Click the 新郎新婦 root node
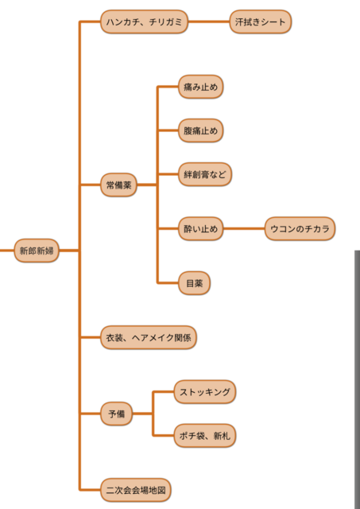37,251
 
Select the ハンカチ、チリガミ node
145,21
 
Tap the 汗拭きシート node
261,21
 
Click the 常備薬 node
118,185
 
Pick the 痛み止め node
201,87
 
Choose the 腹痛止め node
201,130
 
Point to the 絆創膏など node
205,174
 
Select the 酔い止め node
201,229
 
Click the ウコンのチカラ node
300,229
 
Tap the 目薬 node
194,283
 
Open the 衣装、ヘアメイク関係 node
149,337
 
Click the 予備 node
117,414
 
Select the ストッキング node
205,392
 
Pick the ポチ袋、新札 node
205,436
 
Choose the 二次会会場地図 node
136,490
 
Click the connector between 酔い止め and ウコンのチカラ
244,229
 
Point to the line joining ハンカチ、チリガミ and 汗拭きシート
209,21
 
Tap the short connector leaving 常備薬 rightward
147,185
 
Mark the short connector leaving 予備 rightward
142,414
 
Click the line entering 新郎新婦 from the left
7,251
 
